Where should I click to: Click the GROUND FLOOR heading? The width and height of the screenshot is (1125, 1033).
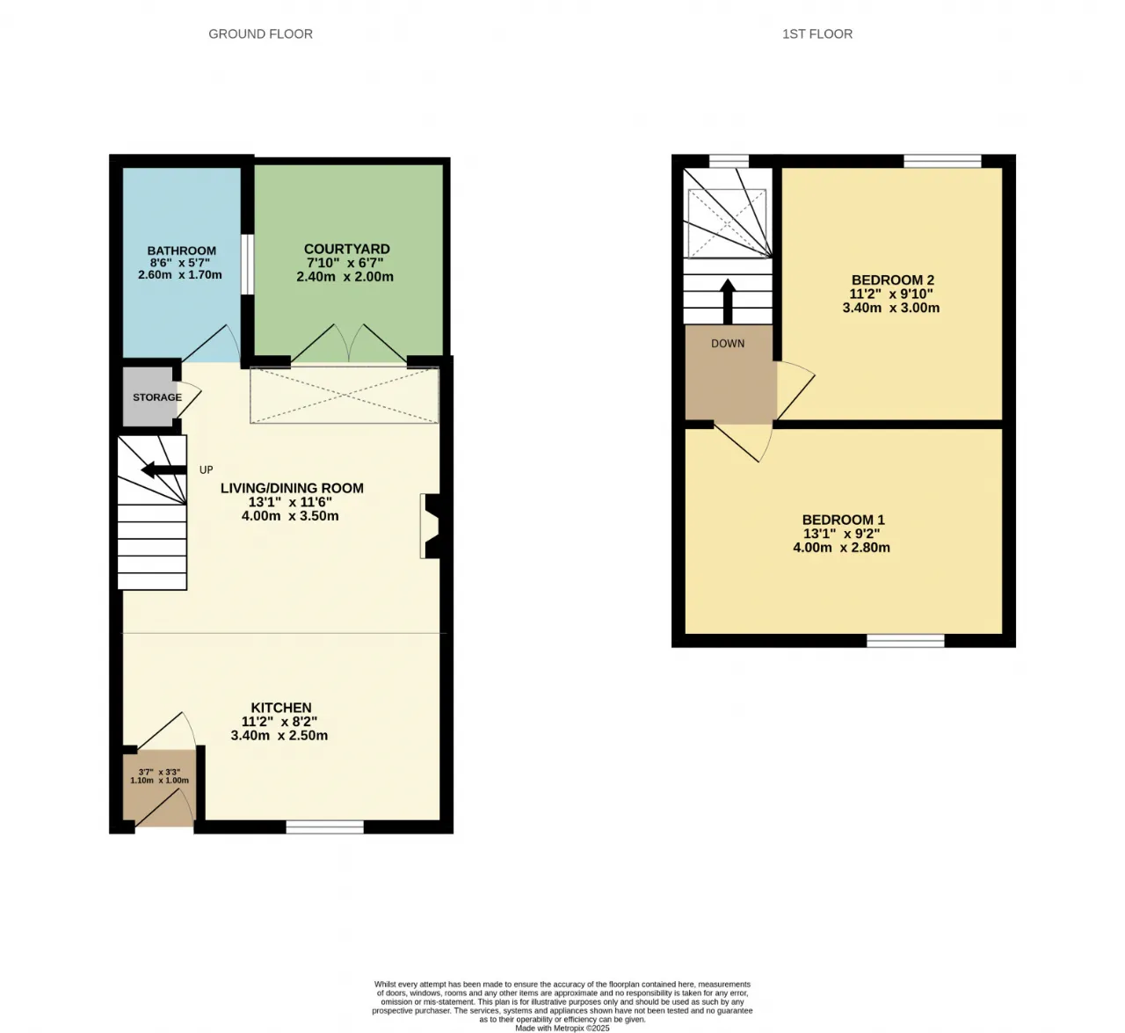tap(260, 34)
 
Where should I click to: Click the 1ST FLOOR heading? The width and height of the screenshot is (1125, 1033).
tap(817, 34)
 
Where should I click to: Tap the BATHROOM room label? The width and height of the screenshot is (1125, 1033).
tap(182, 251)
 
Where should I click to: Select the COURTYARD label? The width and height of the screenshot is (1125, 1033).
tap(346, 249)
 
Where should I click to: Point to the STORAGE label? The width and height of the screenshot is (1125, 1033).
tap(157, 397)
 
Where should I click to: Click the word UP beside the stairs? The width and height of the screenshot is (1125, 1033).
tap(207, 469)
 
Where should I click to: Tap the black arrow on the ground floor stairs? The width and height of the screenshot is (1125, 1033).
tap(163, 469)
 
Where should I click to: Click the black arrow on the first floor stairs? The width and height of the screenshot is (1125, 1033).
tap(728, 302)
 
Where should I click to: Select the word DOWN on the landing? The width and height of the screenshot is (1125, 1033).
tap(728, 344)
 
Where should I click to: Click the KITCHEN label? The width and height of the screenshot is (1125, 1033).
tap(281, 708)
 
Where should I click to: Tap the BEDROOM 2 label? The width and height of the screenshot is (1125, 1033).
tap(893, 280)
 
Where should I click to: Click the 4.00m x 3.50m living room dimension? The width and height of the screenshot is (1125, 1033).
tap(290, 516)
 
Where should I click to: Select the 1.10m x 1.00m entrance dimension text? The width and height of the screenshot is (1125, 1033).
tap(159, 781)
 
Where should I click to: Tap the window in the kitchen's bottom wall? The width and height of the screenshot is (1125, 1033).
tap(324, 826)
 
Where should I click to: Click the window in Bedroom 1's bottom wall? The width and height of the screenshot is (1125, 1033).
tap(905, 640)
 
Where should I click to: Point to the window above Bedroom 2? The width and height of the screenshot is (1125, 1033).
tap(942, 161)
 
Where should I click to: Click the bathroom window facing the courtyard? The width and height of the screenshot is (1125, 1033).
tap(247, 265)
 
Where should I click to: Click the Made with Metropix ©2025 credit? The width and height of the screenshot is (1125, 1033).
tap(562, 1028)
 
